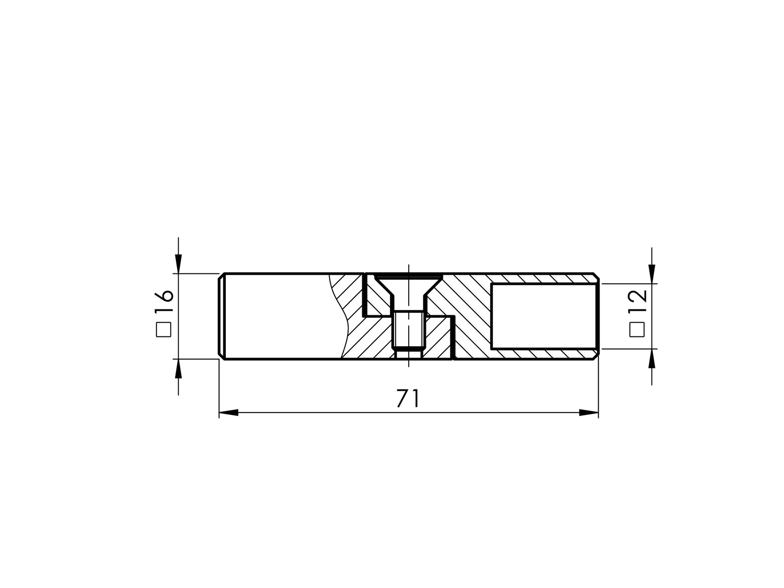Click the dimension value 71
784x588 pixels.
[x=408, y=399]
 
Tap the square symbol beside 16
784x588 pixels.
[x=164, y=329]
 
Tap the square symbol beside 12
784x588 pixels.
[x=637, y=329]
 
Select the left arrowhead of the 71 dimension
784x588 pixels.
[x=229, y=413]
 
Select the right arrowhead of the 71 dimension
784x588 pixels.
[x=589, y=413]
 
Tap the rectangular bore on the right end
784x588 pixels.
[x=544, y=316]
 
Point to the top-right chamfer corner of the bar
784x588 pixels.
[x=596, y=276]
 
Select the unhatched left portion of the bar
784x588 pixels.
[x=280, y=316]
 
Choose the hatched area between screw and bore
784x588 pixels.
[x=462, y=299]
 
